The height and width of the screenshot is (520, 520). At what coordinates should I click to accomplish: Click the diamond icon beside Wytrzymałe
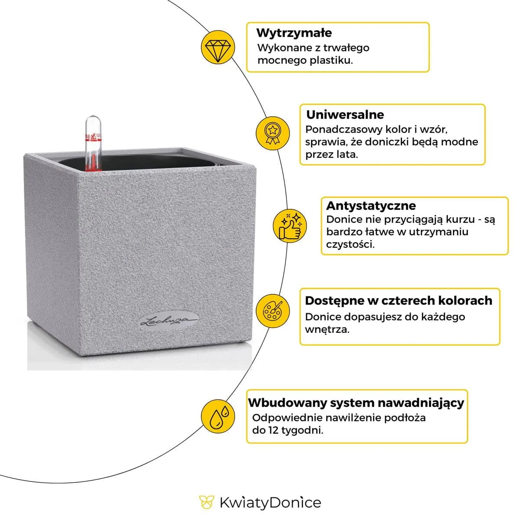click(x=218, y=49)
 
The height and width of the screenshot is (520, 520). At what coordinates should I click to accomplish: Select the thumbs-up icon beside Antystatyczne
click(x=289, y=226)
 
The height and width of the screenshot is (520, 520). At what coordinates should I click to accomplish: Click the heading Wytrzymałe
click(x=294, y=33)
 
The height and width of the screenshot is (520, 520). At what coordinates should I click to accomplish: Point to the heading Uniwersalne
click(x=345, y=115)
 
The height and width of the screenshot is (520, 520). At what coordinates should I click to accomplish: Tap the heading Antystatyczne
click(x=370, y=205)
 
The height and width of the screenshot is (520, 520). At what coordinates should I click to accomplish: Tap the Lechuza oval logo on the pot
click(x=169, y=321)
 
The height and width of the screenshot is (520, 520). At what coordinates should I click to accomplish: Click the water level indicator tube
click(x=92, y=143)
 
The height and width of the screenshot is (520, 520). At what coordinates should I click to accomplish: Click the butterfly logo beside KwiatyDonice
click(x=207, y=502)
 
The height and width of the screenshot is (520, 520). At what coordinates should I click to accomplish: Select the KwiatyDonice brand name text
click(x=270, y=503)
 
